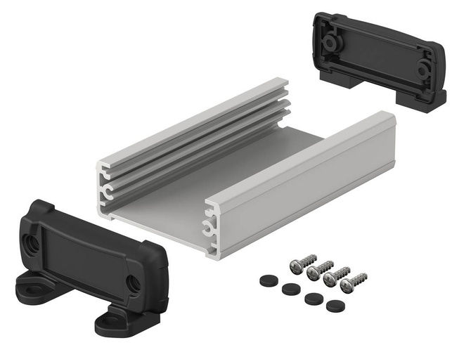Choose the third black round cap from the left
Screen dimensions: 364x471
pyautogui.click(x=313, y=297)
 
